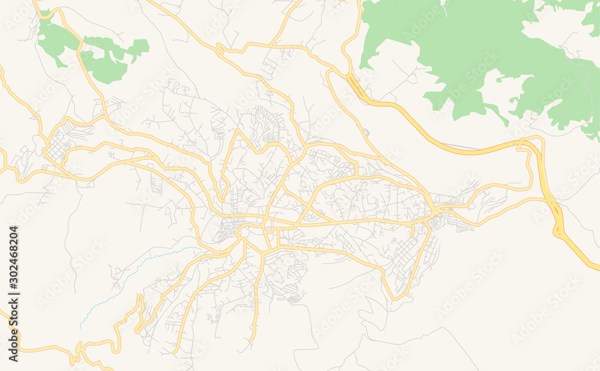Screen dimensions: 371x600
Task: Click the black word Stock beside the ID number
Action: [13, 315]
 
